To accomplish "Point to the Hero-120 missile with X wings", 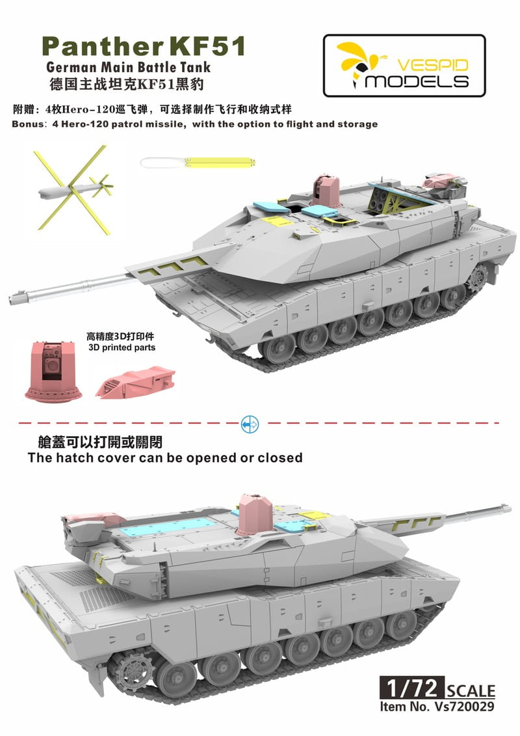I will [x=73, y=187].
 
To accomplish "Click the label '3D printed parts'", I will [x=121, y=348].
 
